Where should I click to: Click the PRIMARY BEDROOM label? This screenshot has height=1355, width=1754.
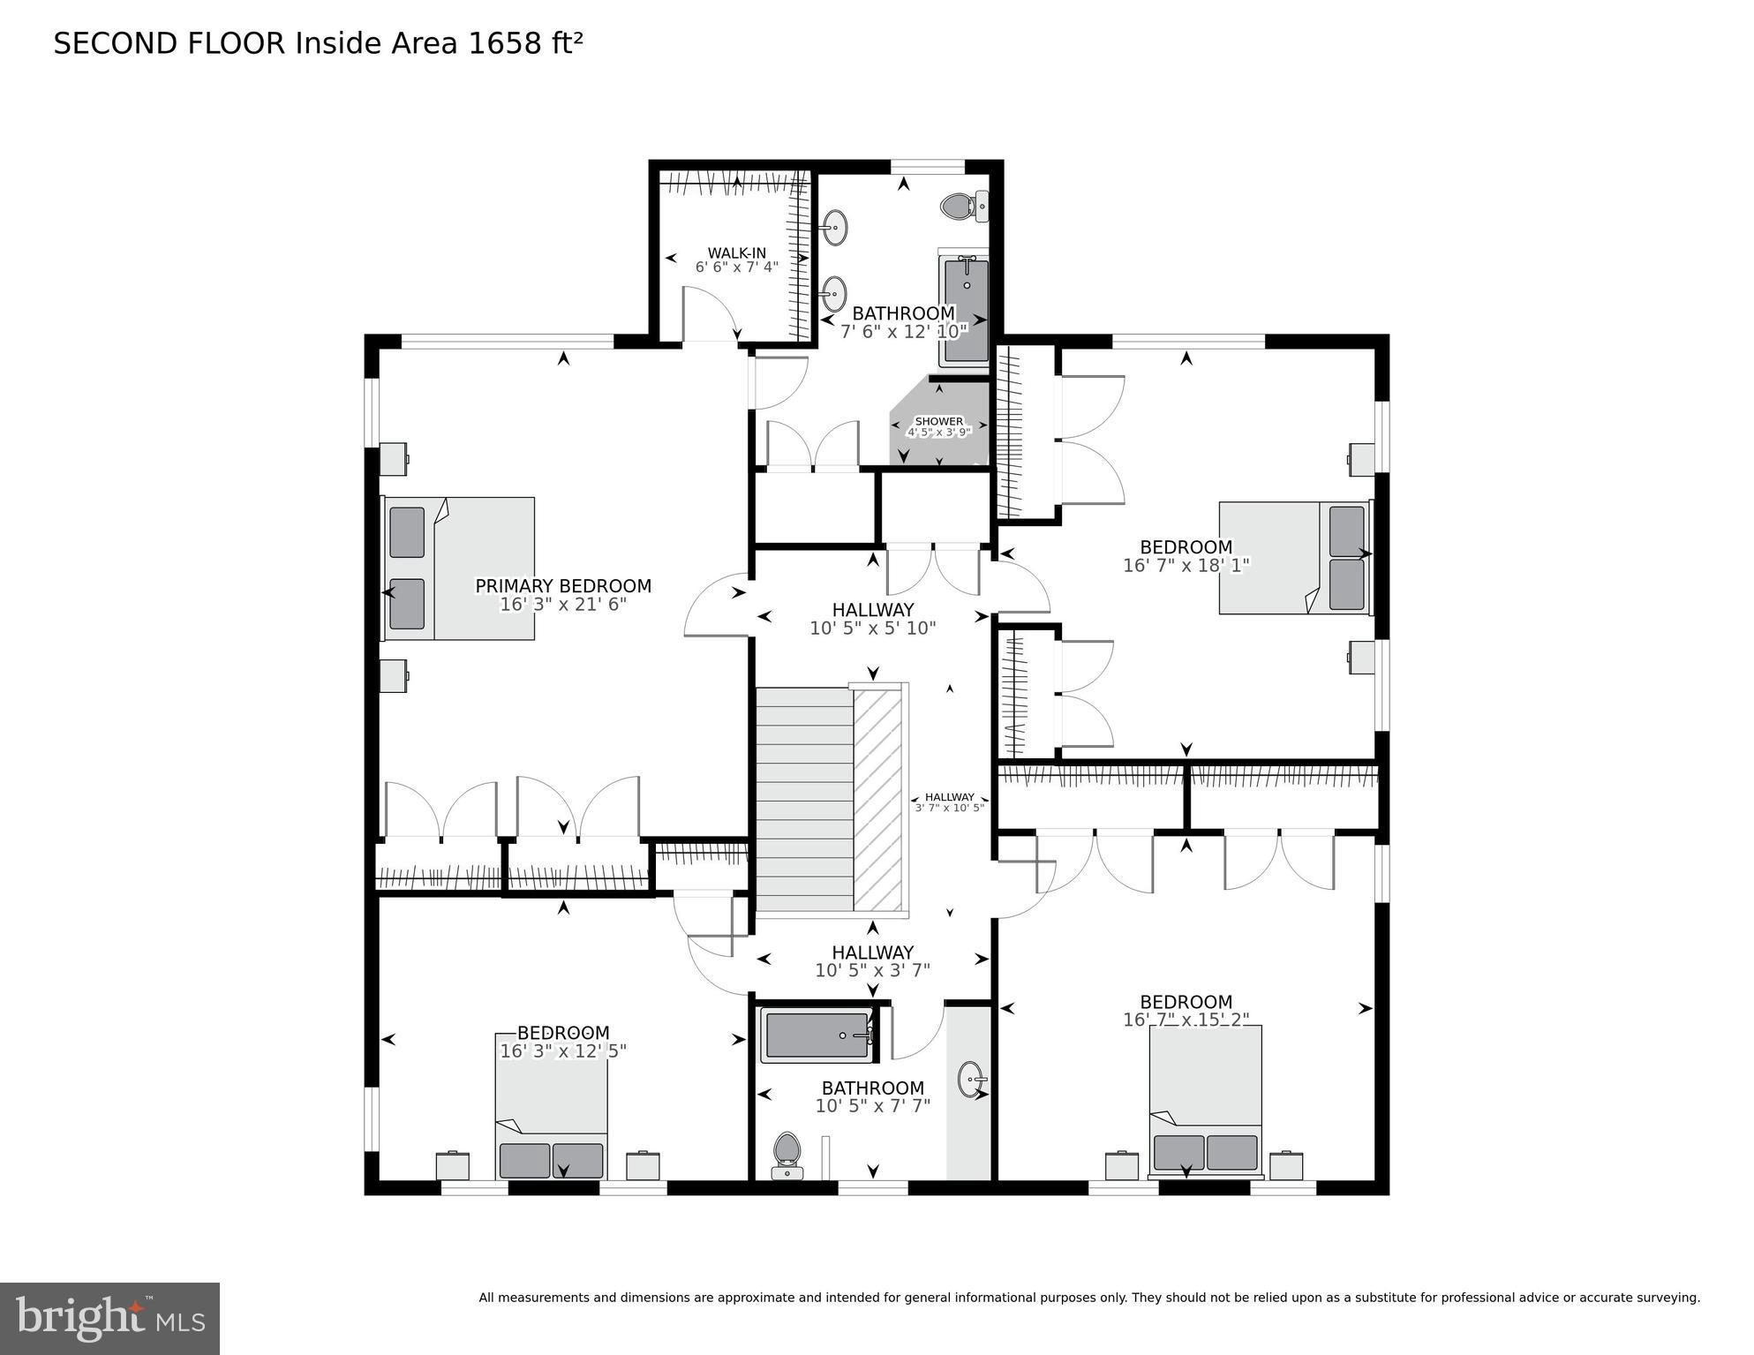[563, 586]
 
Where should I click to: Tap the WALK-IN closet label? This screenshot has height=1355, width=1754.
[736, 253]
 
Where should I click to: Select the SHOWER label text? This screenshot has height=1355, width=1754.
[938, 421]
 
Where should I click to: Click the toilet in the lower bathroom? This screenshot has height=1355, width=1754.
[786, 1155]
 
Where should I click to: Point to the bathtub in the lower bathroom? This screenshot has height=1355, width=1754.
[817, 1035]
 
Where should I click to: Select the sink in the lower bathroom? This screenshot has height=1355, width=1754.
[972, 1080]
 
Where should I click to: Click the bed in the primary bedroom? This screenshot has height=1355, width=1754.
[459, 568]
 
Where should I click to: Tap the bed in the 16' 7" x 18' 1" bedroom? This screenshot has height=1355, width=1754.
[1294, 557]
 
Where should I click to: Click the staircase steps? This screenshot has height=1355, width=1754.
[804, 799]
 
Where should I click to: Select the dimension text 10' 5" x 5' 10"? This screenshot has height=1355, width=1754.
[872, 629]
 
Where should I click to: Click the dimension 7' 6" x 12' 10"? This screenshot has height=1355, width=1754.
[903, 331]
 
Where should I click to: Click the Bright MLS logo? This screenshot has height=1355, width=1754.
[109, 1319]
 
